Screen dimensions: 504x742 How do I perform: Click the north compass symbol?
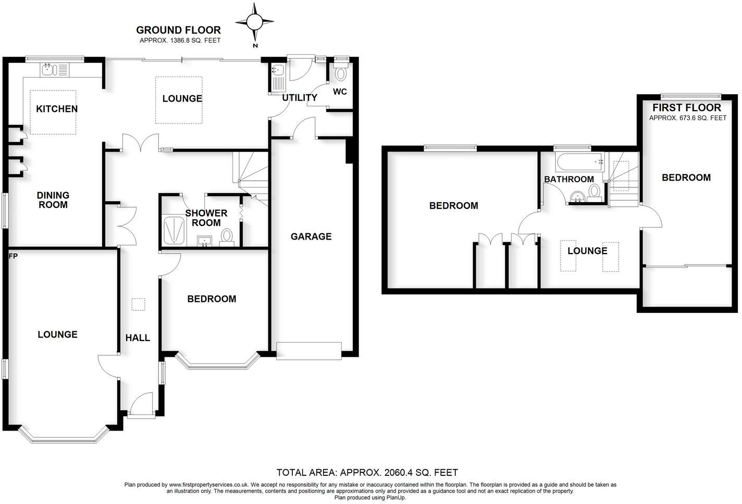tap(255, 22)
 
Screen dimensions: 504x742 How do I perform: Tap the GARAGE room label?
tap(311, 236)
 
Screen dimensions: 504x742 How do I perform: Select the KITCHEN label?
tap(57, 109)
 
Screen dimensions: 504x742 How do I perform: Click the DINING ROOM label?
tap(53, 200)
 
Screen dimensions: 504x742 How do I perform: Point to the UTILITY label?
tap(300, 98)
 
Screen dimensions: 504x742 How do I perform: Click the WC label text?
tap(340, 92)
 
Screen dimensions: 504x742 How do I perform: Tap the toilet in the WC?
tap(341, 73)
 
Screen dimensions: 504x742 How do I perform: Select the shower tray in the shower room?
tap(174, 231)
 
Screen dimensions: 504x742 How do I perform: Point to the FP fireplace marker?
tap(13, 256)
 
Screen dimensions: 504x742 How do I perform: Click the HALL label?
tap(138, 338)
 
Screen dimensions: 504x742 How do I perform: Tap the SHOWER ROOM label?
tap(206, 218)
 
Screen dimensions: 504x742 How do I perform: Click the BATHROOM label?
tap(569, 179)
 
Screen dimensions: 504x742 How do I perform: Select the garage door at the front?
tap(309, 350)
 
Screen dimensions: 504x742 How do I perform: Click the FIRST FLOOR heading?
tap(687, 108)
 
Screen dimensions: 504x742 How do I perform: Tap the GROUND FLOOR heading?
tap(178, 30)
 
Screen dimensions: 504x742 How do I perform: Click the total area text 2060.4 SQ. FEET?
tap(367, 473)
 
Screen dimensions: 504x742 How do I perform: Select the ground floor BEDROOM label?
tap(212, 299)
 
